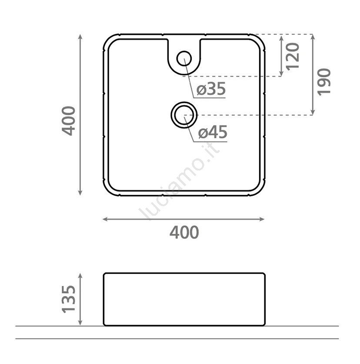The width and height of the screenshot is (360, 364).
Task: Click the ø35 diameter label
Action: tap(211, 89)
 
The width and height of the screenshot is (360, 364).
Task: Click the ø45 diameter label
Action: tap(213, 132)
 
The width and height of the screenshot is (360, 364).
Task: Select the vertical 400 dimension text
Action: tap(69, 121)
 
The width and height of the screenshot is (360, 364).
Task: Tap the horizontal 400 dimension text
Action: tap(184, 232)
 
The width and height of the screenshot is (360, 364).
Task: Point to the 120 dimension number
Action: tap(292, 57)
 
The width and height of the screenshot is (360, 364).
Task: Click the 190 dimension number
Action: tap(323, 82)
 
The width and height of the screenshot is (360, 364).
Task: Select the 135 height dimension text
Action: tap(69, 300)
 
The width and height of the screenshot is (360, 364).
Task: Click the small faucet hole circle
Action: tap(184, 58)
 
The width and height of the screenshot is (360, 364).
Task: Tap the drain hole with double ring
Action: tap(184, 115)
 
